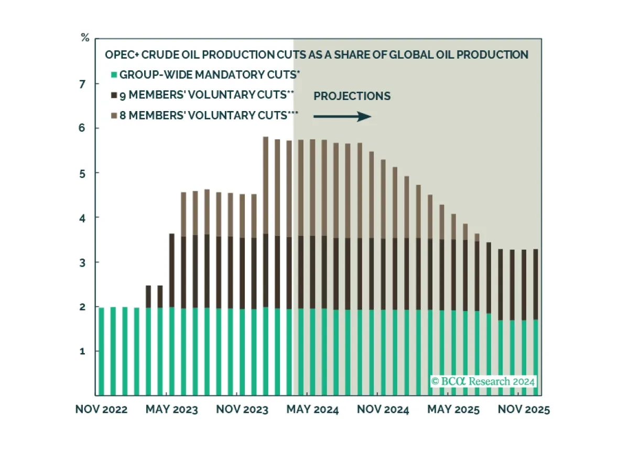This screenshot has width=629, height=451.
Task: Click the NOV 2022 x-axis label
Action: point(101,410)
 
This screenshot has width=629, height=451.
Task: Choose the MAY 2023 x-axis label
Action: point(172,410)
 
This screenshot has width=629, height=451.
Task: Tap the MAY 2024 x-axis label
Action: point(312,410)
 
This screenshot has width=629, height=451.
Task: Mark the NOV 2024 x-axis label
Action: point(383,410)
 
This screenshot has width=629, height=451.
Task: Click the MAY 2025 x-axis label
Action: point(453,410)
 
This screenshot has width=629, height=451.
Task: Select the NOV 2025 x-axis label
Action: point(523,410)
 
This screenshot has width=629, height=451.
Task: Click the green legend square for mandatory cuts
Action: point(114,75)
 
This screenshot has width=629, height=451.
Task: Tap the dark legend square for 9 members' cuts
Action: point(114,96)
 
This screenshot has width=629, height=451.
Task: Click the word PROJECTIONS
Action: point(352,96)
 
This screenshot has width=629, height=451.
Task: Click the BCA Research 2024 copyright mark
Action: point(483,381)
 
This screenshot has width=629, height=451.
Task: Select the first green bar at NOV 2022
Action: point(101,351)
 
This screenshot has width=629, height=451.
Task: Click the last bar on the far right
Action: point(535,322)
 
